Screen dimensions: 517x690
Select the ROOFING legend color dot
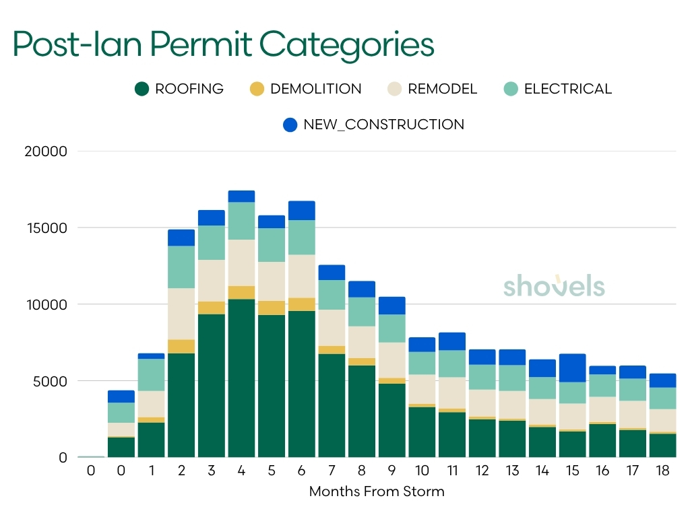[x=142, y=89]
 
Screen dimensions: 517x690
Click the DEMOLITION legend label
[x=315, y=89]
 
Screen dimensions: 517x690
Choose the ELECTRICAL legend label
[x=567, y=89]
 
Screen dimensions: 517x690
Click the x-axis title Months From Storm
[x=377, y=491]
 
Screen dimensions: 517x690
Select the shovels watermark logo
[x=554, y=285]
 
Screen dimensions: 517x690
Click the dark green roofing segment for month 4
[x=241, y=377]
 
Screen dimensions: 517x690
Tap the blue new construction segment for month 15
[x=573, y=368]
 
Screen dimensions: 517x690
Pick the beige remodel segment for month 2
[x=181, y=314]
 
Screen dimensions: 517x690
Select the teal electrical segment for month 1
[x=151, y=375]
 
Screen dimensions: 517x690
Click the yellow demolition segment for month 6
[x=301, y=304]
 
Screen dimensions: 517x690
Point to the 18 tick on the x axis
[x=662, y=471]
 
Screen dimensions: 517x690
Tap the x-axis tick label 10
[x=422, y=471]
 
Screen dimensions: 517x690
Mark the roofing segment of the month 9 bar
[x=391, y=420]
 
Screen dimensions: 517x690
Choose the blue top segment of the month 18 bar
[x=662, y=380]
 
